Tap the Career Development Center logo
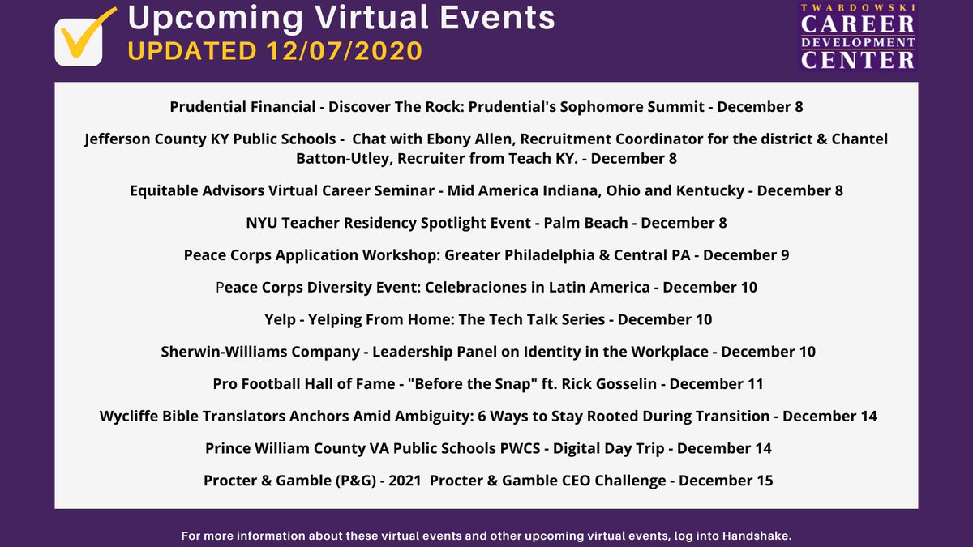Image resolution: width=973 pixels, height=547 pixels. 858,37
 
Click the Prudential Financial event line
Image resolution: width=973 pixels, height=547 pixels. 486,107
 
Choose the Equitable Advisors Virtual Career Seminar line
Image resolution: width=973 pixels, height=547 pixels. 486,191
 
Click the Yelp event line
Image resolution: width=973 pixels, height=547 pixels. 487,319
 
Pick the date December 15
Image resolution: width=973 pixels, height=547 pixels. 726,481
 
